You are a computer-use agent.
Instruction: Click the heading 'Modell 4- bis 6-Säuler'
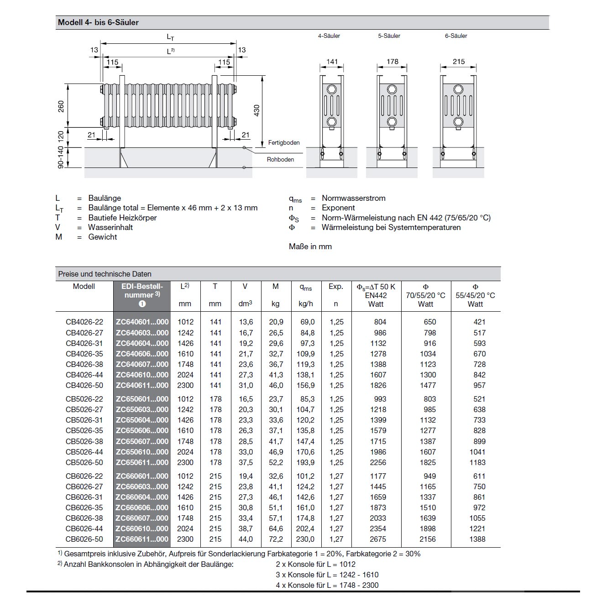pyautogui.click(x=98, y=22)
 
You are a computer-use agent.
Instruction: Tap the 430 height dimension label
pyautogui.click(x=256, y=110)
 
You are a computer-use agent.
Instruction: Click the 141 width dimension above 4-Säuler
pyautogui.click(x=332, y=62)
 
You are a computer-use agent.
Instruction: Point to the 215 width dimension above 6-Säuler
pyautogui.click(x=459, y=62)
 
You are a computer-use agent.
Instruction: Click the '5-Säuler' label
pyautogui.click(x=389, y=36)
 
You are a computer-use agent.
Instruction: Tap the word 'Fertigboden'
pyautogui.click(x=284, y=143)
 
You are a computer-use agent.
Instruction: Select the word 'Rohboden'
pyautogui.click(x=280, y=159)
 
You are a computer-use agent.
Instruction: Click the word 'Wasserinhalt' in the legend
pyautogui.click(x=110, y=227)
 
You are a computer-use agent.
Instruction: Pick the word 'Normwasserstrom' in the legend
pyautogui.click(x=353, y=198)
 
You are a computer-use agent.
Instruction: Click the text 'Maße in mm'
pyautogui.click(x=310, y=246)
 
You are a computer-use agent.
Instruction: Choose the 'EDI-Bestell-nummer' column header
pyautogui.click(x=142, y=291)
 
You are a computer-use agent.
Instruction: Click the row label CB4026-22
pyautogui.click(x=84, y=322)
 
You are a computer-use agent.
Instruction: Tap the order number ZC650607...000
pyautogui.click(x=142, y=441)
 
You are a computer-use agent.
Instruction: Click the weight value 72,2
pyautogui.click(x=276, y=539)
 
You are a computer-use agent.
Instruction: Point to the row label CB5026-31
pyautogui.click(x=84, y=420)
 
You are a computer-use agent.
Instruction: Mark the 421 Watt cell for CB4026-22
pyautogui.click(x=479, y=322)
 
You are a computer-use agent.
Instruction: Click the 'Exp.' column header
pyautogui.click(x=336, y=287)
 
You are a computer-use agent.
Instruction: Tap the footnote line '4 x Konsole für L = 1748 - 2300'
pyautogui.click(x=327, y=585)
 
